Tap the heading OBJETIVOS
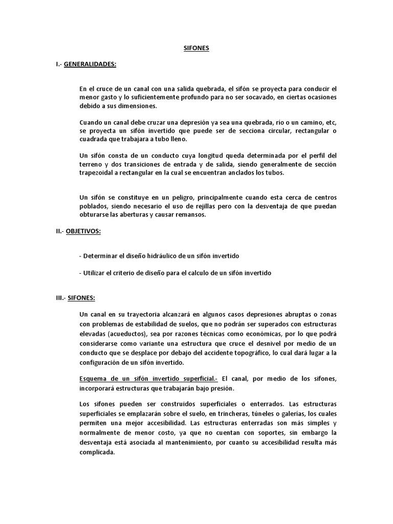tap(83, 231)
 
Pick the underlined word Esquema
tap(95, 378)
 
